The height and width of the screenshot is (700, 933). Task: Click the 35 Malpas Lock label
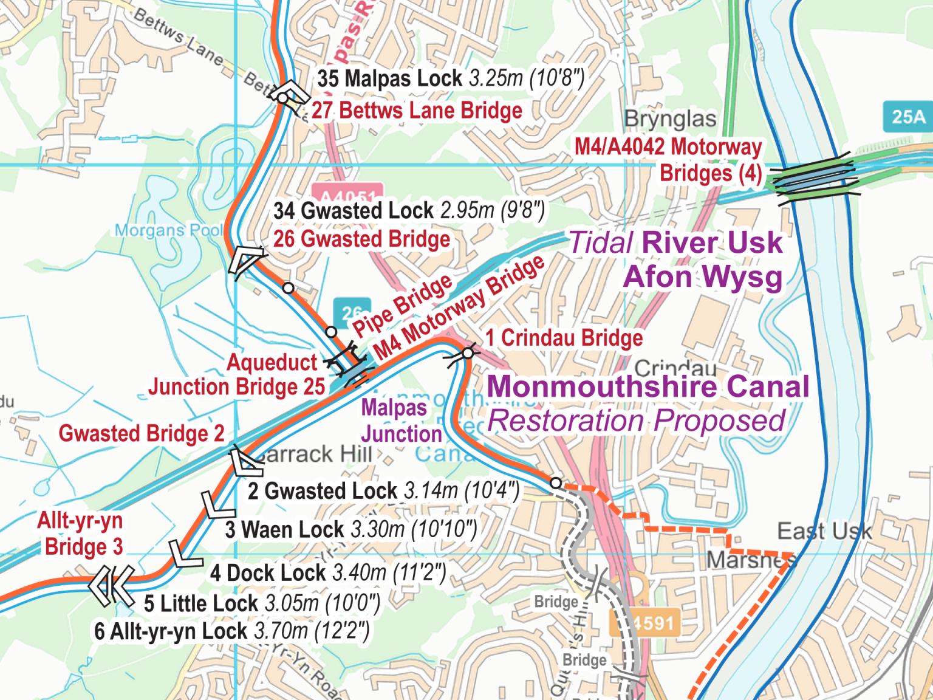[x=450, y=78]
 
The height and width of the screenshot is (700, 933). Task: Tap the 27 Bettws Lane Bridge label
[x=417, y=111]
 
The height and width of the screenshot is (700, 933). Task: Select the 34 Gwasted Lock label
[x=409, y=210]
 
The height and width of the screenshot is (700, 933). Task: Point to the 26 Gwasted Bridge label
[x=361, y=239]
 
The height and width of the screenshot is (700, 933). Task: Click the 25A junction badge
[x=908, y=117]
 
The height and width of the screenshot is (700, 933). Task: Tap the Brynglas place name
[x=670, y=119]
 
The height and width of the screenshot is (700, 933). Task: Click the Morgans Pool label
[x=169, y=230]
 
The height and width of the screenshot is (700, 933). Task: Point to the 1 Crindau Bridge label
[x=564, y=338]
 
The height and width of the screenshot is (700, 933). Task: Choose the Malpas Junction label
[x=400, y=420]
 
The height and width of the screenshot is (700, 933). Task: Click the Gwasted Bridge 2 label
[x=142, y=433]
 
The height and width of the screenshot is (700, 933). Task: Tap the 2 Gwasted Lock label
[x=383, y=490]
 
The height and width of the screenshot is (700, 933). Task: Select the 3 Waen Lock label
[x=350, y=529]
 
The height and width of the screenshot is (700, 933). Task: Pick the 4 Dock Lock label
[x=328, y=572]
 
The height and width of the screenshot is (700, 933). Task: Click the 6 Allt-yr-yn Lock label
[x=231, y=631]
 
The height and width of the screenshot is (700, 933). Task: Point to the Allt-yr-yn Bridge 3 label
[x=81, y=534]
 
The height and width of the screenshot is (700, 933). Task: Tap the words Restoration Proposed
[x=636, y=420]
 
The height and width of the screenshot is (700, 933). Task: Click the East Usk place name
[x=824, y=531]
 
